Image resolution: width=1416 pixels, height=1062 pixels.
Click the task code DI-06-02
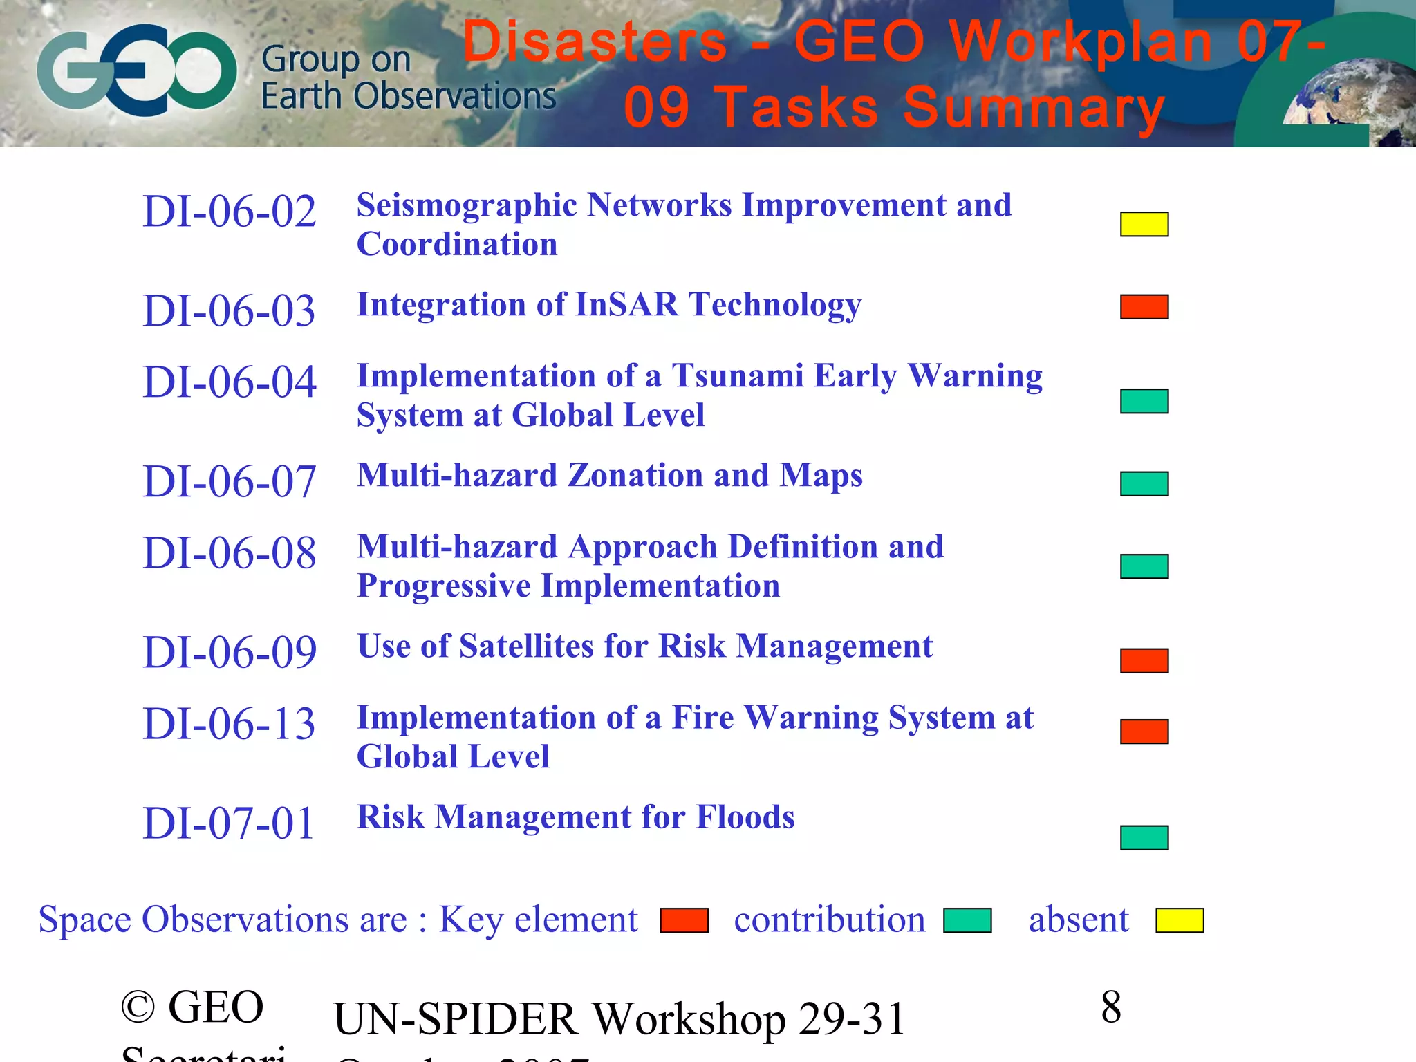click(229, 212)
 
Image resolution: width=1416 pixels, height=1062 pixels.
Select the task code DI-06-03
click(229, 311)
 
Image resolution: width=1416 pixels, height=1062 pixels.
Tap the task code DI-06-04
click(229, 382)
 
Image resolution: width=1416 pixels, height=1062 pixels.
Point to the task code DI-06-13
click(229, 724)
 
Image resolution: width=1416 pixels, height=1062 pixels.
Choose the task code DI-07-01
click(229, 823)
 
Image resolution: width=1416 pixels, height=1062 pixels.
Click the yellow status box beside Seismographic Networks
click(1144, 224)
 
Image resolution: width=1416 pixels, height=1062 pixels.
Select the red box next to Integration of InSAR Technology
click(1144, 306)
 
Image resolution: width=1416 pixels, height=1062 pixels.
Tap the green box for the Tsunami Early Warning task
click(1144, 401)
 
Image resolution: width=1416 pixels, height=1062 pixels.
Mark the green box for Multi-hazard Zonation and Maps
click(1144, 483)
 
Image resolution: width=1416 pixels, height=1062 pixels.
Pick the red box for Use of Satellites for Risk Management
click(1144, 660)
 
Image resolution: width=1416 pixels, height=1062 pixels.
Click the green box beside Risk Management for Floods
click(1144, 837)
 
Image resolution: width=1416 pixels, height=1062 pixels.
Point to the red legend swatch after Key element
click(684, 920)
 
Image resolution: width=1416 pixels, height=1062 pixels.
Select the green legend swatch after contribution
click(967, 920)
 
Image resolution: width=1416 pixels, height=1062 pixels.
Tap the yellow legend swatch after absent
click(1180, 920)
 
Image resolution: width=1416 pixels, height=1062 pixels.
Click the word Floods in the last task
click(745, 817)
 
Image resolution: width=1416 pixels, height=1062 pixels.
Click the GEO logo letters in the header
click(137, 70)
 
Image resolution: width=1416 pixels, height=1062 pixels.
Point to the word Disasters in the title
click(595, 41)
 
